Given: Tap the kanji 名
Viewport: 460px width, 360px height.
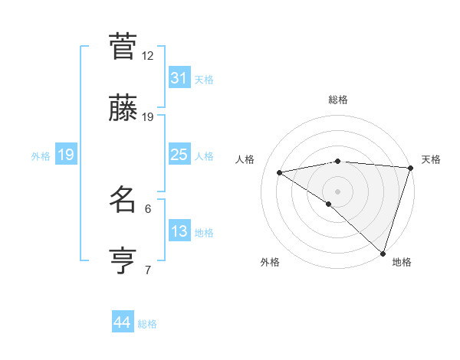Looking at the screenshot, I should [x=123, y=201].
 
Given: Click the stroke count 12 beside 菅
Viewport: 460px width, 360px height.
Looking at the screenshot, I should [x=148, y=55].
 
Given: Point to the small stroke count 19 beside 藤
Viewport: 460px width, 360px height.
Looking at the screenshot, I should [x=148, y=117].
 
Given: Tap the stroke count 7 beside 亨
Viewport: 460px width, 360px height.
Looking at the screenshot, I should [x=148, y=270].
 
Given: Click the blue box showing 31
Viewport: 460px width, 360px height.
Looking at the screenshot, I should [x=179, y=78].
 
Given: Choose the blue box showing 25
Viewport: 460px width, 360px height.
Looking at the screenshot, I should [x=179, y=155].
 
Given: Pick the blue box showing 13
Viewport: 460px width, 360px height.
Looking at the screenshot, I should [x=179, y=231].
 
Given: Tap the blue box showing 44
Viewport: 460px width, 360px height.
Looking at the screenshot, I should [x=122, y=322].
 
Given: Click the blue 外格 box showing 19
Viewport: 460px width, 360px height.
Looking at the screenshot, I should [x=65, y=155].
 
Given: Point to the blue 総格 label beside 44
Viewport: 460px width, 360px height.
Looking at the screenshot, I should [x=147, y=324].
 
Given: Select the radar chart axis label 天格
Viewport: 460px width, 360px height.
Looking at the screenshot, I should [x=431, y=159].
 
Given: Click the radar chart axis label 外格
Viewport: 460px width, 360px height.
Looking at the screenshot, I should [x=270, y=263].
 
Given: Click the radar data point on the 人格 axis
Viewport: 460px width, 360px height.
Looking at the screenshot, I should [x=280, y=172].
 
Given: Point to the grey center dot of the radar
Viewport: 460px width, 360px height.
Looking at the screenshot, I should [x=337, y=191].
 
